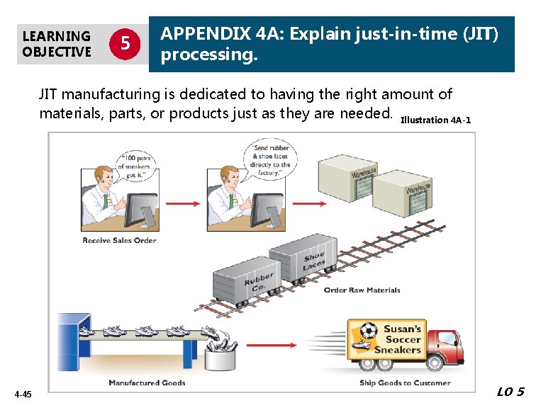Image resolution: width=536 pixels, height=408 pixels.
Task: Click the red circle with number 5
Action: [x=125, y=43]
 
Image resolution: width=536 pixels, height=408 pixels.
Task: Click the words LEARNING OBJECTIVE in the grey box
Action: [x=57, y=43]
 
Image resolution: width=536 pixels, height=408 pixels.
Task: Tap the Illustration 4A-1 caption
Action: [x=435, y=120]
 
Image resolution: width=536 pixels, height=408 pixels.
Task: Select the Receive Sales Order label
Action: [x=119, y=240]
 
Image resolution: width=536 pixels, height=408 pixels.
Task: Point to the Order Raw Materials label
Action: [x=362, y=290]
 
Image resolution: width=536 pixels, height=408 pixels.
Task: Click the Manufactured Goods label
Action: [x=147, y=382]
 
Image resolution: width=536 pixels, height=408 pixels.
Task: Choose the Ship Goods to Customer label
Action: [x=405, y=382]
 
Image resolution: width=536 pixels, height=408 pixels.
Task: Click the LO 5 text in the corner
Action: [x=510, y=392]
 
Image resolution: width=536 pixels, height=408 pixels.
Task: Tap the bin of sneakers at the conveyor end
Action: [x=222, y=354]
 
